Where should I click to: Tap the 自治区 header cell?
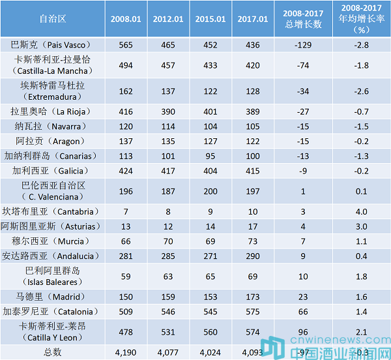coord(53,19)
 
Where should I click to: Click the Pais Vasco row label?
coord(53,45)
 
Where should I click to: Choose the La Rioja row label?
coord(53,111)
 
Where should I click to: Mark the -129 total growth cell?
coord(305,45)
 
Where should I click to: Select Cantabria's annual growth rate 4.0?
coord(362,211)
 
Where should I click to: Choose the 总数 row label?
coord(53,352)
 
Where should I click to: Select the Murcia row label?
coord(53,241)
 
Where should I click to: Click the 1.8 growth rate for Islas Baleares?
coord(362,276)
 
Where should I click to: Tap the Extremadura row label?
coord(53,91)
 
